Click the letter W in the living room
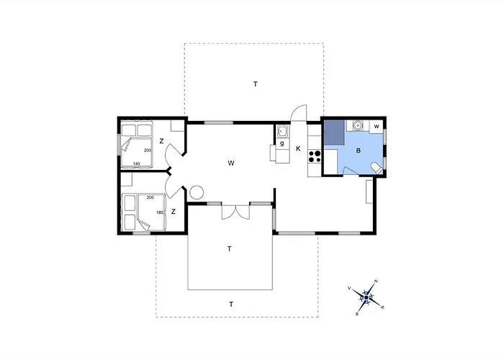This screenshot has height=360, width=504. click(231, 163)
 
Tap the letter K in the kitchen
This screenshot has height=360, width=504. click(298, 149)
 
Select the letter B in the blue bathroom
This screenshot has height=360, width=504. click(358, 151)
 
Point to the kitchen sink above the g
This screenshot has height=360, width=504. click(282, 131)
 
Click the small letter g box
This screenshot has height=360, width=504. click(282, 144)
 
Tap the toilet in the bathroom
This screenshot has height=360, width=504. click(375, 168)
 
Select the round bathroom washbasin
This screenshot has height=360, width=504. click(356, 125)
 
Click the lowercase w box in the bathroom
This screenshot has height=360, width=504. click(377, 126)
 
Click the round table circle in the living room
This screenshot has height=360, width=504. click(197, 193)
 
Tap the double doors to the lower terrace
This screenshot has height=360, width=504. click(234, 212)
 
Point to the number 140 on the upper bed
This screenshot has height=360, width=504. click(137, 163)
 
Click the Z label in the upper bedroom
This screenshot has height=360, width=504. click(162, 141)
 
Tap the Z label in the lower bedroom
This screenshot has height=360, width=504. click(174, 212)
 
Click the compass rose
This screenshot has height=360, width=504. click(366, 296)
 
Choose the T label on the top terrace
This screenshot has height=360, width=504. click(255, 84)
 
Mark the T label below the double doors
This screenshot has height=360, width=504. click(229, 248)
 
